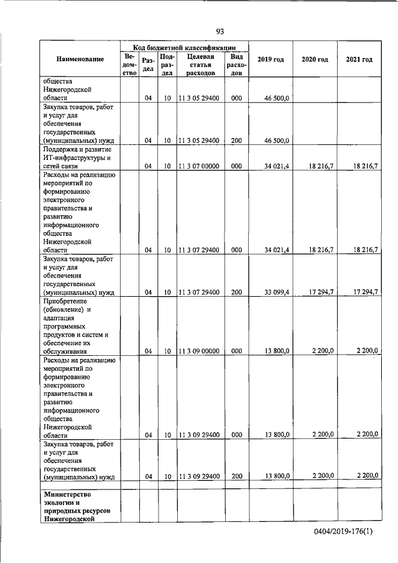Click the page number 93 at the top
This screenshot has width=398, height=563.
pyautogui.click(x=220, y=32)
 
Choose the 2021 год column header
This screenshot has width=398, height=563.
pyautogui.click(x=359, y=59)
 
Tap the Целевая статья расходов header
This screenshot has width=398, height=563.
pyautogui.click(x=200, y=65)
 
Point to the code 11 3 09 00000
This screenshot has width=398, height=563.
pyautogui.click(x=199, y=351)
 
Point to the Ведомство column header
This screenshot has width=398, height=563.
pyautogui.click(x=129, y=65)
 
